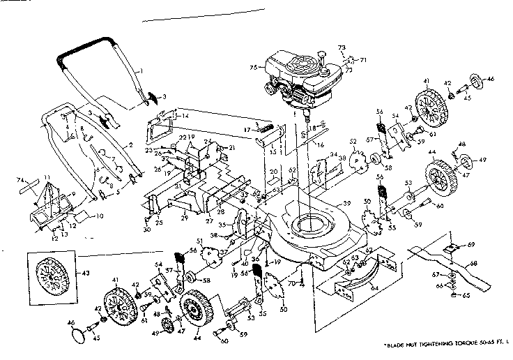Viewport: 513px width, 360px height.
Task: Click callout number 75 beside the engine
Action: pos(254,67)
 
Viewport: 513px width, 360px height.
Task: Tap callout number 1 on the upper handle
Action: pos(140,71)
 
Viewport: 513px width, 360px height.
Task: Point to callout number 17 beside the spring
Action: pos(247,130)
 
